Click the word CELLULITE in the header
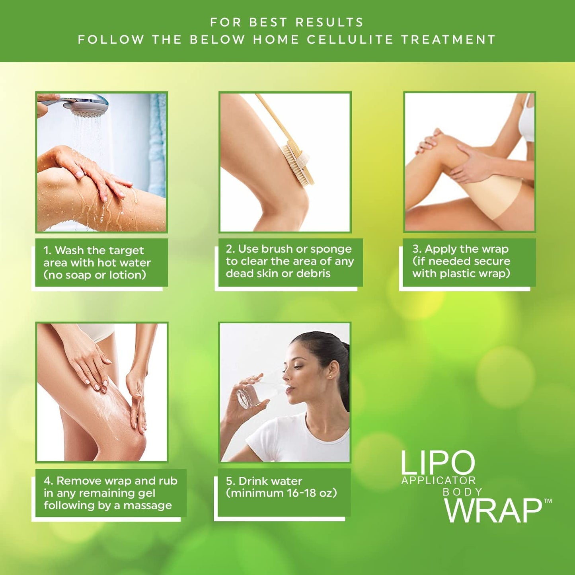click(350, 40)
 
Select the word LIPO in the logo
click(437, 463)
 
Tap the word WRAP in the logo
click(493, 511)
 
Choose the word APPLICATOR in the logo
click(439, 481)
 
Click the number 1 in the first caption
click(47, 250)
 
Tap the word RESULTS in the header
click(329, 22)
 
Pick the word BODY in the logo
click(462, 492)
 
